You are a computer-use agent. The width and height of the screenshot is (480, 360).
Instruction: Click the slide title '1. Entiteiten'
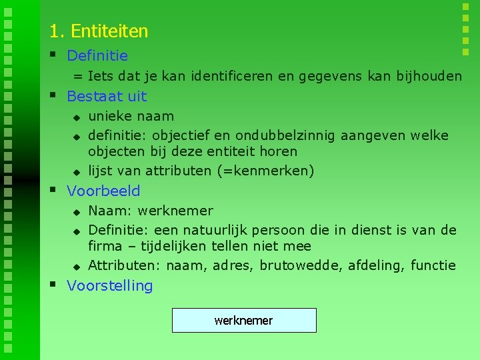(x=99, y=31)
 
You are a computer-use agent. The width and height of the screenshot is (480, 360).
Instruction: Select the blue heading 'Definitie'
(x=97, y=56)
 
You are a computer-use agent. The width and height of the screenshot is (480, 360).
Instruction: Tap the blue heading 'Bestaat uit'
(x=107, y=96)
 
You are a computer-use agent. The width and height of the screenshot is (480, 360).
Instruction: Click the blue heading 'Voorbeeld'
(x=103, y=191)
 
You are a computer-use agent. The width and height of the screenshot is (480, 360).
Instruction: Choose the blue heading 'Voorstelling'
(x=110, y=285)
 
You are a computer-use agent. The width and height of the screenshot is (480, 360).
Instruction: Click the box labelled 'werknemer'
(x=244, y=321)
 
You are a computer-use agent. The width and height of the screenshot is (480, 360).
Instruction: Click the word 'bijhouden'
(x=430, y=76)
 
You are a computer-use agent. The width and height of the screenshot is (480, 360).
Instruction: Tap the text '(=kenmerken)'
(x=265, y=171)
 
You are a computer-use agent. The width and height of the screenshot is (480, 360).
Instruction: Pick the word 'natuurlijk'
(x=223, y=230)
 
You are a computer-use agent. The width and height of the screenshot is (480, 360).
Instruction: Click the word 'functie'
(x=433, y=265)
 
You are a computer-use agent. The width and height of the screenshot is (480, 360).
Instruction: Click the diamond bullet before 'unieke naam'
(x=77, y=117)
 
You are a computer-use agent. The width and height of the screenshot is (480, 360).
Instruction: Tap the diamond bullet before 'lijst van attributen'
(x=77, y=172)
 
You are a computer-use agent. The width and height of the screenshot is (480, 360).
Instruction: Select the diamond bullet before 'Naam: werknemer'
(x=77, y=212)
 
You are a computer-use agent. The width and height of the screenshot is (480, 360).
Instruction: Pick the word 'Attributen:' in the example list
(x=124, y=265)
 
